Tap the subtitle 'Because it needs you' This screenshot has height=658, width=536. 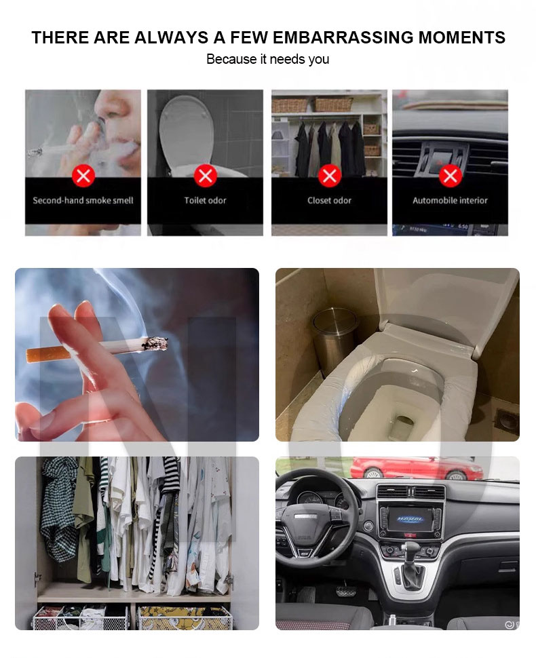click(x=268, y=59)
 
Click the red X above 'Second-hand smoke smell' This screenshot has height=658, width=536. click(x=83, y=176)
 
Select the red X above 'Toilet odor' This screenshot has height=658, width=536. click(x=206, y=176)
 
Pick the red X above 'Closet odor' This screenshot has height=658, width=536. click(x=330, y=176)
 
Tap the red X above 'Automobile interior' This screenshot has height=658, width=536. click(x=451, y=176)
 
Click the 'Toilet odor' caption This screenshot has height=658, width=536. click(x=206, y=201)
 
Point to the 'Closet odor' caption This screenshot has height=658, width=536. click(x=330, y=201)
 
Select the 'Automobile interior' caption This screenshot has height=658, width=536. click(x=451, y=201)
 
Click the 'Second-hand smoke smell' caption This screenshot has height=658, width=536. click(x=83, y=201)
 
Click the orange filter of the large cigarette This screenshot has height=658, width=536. click(x=39, y=355)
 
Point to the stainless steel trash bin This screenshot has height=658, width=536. click(x=334, y=340)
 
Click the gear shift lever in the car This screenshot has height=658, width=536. click(x=409, y=562)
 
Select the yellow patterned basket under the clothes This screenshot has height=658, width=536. click(x=185, y=617)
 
